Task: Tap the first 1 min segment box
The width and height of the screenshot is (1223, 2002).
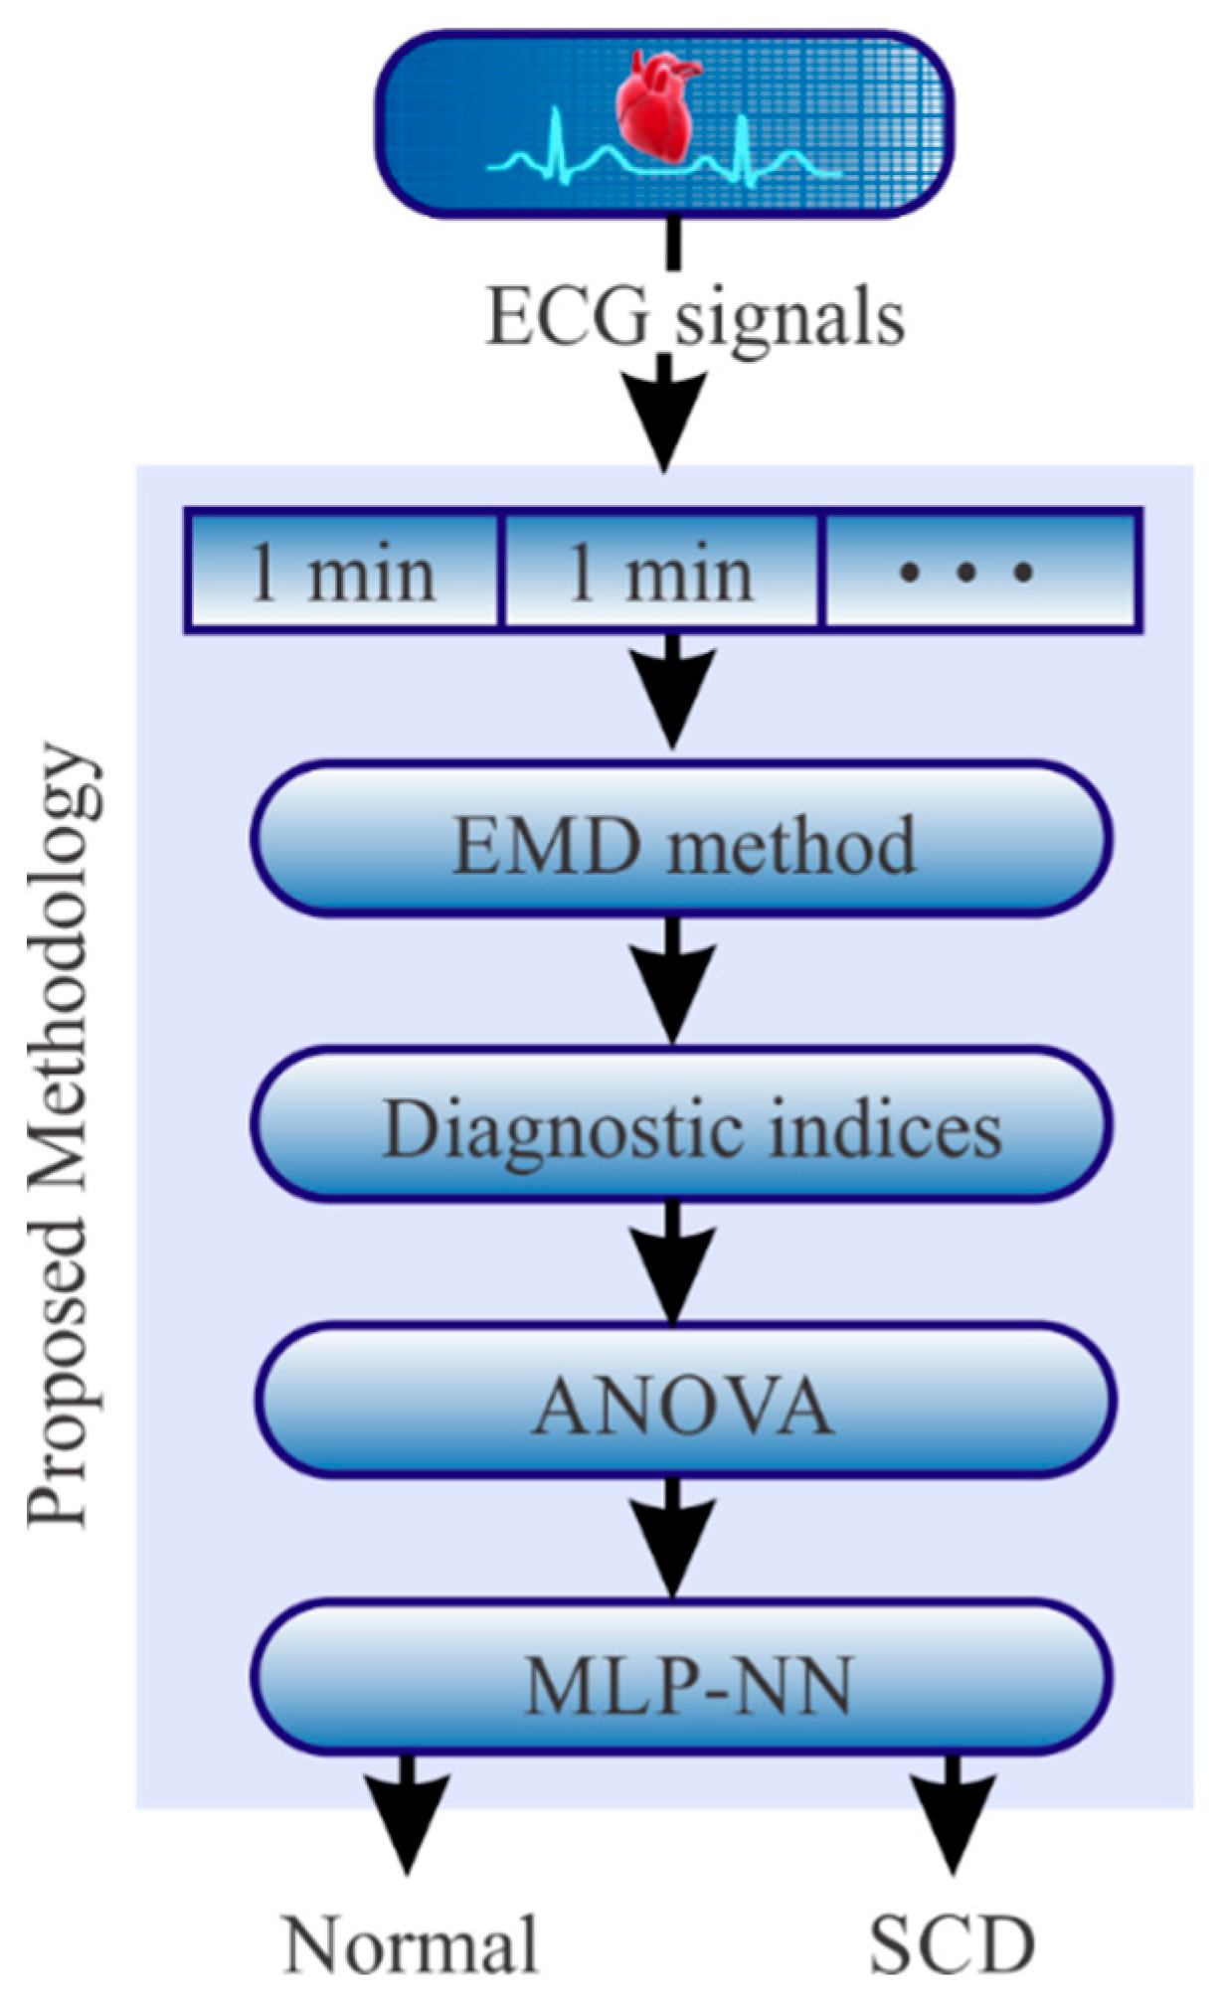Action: (343, 573)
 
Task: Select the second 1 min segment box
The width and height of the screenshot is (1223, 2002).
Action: (660, 573)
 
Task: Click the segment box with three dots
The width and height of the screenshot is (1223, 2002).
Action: (980, 573)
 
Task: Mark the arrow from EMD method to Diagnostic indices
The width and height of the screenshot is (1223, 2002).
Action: (673, 979)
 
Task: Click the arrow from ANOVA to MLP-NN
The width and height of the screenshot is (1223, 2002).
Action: (673, 1536)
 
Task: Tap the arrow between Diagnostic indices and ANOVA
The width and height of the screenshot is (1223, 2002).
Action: (673, 1260)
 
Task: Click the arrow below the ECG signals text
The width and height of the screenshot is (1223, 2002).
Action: (664, 413)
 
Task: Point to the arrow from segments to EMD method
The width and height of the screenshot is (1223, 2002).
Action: (673, 691)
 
